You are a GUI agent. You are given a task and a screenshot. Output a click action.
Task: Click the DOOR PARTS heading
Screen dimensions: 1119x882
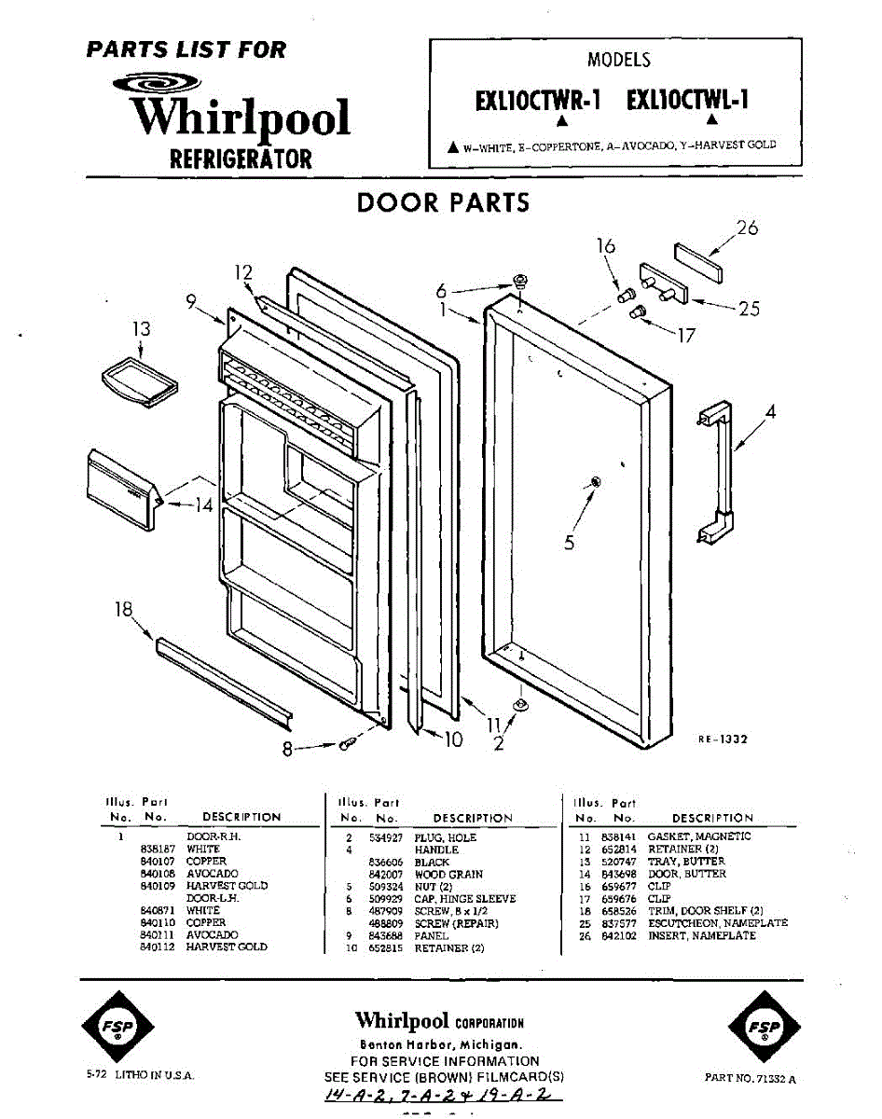[x=443, y=203]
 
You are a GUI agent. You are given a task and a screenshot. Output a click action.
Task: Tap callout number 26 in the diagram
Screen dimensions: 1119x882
[x=747, y=228]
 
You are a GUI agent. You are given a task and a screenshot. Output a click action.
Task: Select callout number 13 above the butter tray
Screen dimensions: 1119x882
[x=141, y=329]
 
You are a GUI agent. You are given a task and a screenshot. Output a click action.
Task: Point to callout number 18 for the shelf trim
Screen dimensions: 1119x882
[x=123, y=610]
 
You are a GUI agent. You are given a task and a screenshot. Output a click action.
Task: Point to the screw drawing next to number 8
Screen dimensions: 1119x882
[x=348, y=743]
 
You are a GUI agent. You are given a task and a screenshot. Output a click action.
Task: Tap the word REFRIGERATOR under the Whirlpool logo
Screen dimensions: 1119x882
[x=241, y=159]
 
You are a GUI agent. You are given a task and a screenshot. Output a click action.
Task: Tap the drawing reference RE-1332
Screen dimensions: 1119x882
[x=723, y=739]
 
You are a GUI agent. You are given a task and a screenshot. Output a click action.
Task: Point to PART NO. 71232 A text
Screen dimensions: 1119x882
[x=751, y=1078]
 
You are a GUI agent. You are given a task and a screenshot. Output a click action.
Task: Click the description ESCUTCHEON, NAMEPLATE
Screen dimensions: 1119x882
[x=717, y=923]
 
